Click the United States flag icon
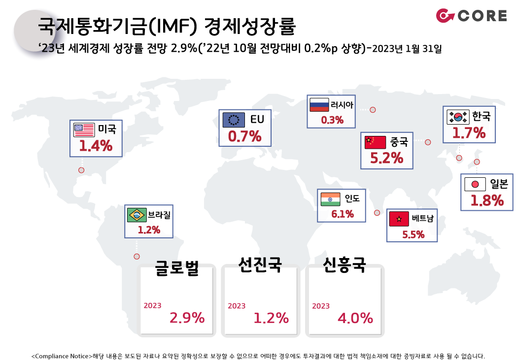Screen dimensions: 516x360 [x=84, y=130]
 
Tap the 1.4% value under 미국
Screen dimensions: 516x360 [x=96, y=146]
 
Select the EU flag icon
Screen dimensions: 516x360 [x=234, y=120]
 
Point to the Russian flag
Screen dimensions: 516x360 [x=319, y=105]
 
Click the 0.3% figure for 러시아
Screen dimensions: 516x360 [x=332, y=120]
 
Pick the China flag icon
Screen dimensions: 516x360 [x=375, y=142]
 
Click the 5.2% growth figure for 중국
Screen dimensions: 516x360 [x=387, y=158]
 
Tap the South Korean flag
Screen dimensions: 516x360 [x=458, y=117]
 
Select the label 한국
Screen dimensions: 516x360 [x=482, y=116]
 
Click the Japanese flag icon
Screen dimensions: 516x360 [x=475, y=184]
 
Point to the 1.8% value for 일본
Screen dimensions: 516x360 [x=487, y=200]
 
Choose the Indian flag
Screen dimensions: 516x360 [x=330, y=199]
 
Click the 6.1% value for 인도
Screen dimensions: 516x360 [x=343, y=214]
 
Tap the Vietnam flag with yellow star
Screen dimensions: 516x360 [x=399, y=219]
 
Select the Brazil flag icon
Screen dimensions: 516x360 [x=137, y=215]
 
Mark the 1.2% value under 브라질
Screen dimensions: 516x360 [x=149, y=230]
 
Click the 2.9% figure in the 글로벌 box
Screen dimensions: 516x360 [x=187, y=318]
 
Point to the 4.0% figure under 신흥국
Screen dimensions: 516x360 [x=355, y=318]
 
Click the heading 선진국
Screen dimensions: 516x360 [x=260, y=264]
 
